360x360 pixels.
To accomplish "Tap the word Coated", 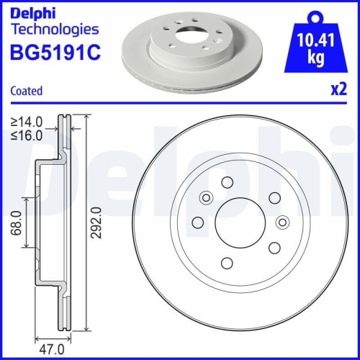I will coord(27,91).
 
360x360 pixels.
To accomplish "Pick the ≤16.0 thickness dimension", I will coord(26,134).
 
